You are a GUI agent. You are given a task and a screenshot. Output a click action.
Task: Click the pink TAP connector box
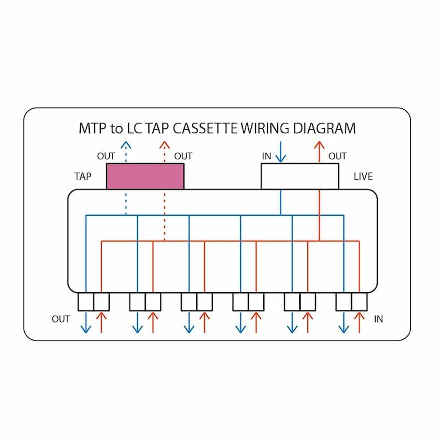coord(145,176)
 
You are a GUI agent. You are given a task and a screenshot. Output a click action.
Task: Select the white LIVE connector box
coord(300,176)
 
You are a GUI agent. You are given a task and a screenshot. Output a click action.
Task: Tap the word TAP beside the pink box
coord(83,176)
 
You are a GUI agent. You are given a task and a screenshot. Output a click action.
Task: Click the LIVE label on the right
coord(363,176)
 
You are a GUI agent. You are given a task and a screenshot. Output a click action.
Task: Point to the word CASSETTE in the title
coord(205,128)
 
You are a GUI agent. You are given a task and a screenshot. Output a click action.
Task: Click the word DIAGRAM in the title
coord(324,128)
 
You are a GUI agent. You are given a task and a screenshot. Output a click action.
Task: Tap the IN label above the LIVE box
coord(266,156)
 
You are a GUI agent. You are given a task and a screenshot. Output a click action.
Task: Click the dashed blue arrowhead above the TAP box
coord(126,145)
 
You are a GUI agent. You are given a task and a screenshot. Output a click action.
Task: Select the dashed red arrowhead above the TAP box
coord(165,145)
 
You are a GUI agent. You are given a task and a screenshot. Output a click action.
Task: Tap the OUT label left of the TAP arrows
coord(106,156)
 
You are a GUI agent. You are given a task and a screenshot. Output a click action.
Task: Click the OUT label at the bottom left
coord(61,319)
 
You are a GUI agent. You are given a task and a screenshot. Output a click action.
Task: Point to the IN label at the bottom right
coord(378,319)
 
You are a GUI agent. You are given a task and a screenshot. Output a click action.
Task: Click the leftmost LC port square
coord(86,302)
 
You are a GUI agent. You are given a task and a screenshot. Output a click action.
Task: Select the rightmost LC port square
coord(359,302)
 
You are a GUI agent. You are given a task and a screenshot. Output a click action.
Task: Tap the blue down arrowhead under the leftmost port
coord(86,329)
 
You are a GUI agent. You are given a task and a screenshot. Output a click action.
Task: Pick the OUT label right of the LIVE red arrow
coord(337,156)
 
